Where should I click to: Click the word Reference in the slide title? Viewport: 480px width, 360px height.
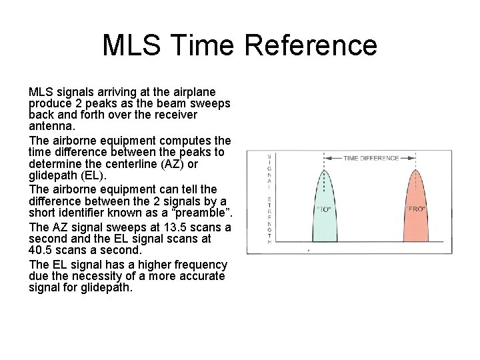pyautogui.click(x=311, y=45)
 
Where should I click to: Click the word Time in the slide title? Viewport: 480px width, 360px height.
pyautogui.click(x=205, y=45)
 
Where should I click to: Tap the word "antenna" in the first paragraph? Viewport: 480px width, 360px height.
pyautogui.click(x=51, y=126)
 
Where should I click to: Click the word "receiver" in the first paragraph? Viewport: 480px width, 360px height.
pyautogui.click(x=175, y=115)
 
